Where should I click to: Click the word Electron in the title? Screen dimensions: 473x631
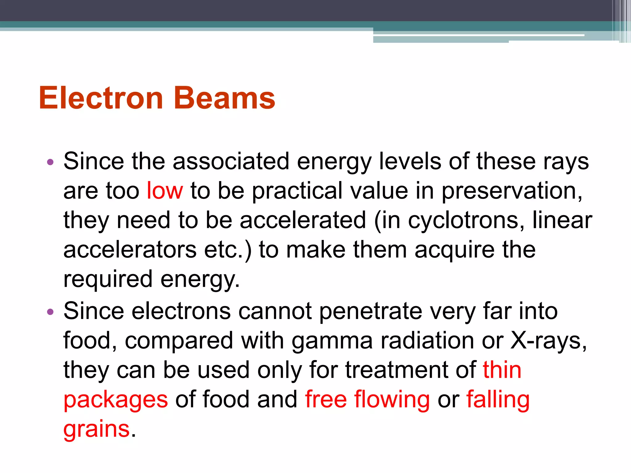(101, 98)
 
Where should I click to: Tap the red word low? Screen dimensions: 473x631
(165, 191)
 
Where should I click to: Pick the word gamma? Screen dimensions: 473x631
(332, 341)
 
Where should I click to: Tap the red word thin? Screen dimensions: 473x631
(502, 370)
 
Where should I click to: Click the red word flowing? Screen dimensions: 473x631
(392, 400)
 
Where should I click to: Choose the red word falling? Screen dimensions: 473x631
(498, 400)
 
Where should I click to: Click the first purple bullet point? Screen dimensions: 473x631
(50, 162)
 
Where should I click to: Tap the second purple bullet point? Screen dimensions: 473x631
(50, 312)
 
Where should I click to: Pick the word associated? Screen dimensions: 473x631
(231, 161)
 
